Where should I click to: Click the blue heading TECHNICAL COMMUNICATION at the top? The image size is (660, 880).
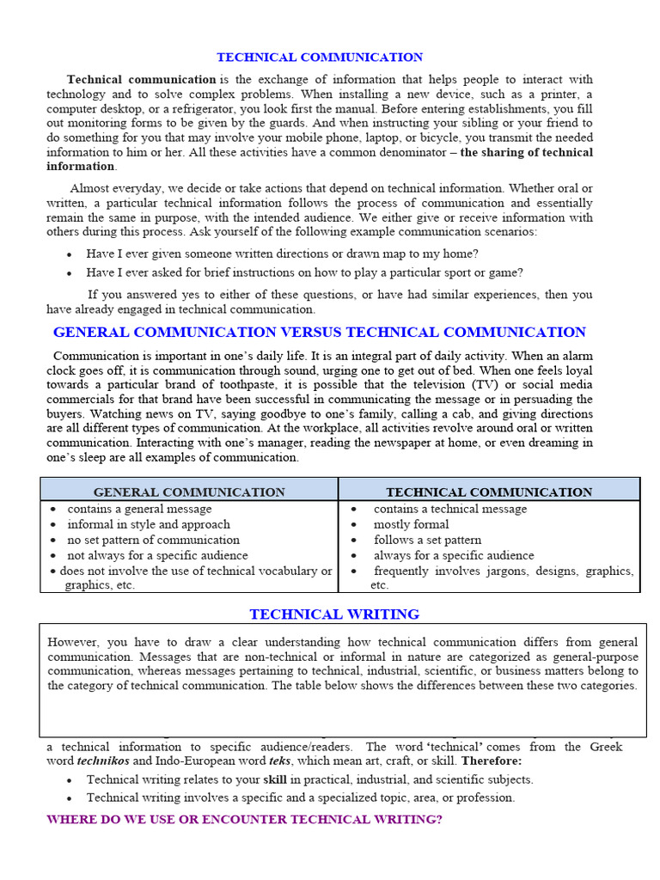click(320, 58)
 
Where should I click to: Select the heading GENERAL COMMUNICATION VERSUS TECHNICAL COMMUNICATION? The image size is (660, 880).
click(320, 333)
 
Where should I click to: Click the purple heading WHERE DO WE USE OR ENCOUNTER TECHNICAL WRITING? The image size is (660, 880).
click(244, 819)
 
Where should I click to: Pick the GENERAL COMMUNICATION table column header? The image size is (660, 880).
click(189, 492)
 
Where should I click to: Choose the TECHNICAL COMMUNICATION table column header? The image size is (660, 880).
click(489, 492)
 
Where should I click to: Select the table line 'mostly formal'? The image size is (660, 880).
click(411, 524)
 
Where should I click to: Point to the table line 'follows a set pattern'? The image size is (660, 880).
click(427, 540)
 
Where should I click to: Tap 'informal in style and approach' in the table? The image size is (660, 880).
click(149, 524)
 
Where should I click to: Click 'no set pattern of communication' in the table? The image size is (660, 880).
click(153, 540)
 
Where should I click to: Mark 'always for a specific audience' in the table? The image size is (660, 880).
click(453, 555)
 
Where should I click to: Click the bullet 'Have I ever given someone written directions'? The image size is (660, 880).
click(282, 254)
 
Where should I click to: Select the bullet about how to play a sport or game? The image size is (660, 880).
click(303, 272)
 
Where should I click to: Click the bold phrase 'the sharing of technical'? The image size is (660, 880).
click(526, 153)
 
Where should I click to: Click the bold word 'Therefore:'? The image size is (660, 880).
click(491, 761)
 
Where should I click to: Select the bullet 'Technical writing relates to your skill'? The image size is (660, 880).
click(309, 779)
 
